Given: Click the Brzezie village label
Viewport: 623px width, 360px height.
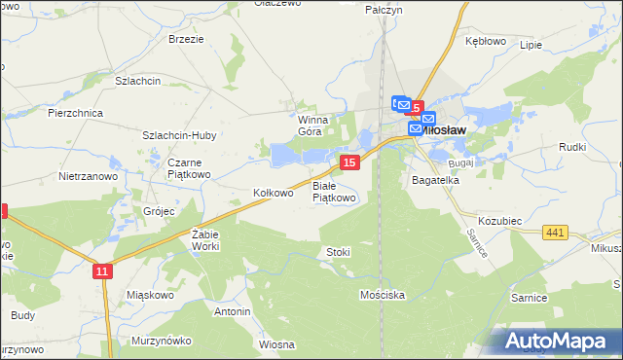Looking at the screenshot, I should (186, 39).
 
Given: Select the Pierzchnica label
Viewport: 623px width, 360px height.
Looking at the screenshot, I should (75, 113).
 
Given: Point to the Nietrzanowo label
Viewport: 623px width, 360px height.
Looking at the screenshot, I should (88, 177).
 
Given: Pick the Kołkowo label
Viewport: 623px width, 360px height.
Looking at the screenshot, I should (273, 193).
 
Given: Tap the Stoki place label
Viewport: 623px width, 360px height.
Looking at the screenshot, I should (338, 252).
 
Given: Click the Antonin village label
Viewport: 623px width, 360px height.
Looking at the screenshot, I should (233, 311).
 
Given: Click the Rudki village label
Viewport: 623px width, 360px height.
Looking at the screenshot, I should (571, 147).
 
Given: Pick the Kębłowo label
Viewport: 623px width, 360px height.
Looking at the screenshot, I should (486, 42).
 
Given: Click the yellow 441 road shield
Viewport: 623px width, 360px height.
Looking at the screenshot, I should (556, 231).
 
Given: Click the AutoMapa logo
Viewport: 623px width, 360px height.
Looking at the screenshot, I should (555, 341).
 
